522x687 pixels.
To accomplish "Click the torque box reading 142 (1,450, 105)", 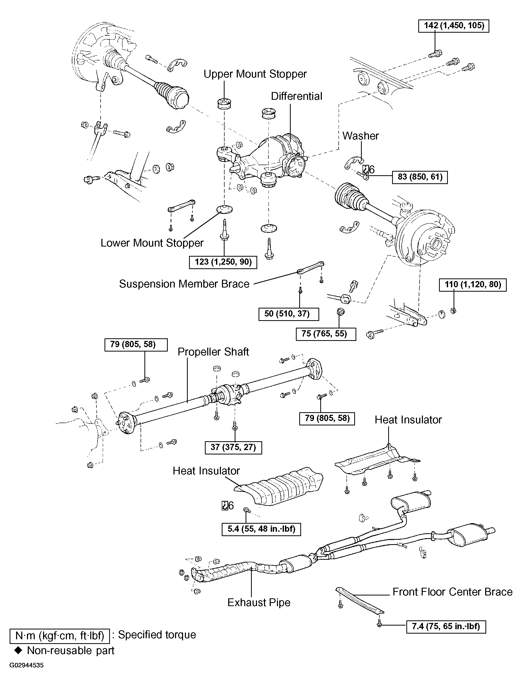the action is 454,25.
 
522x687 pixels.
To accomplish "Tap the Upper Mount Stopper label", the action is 255,74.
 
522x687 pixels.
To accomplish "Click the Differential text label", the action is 296,96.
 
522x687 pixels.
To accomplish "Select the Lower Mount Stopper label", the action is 152,243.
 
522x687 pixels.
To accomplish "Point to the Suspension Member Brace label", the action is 184,284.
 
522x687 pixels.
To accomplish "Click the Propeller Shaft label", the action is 213,352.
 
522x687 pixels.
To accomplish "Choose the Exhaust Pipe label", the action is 259,602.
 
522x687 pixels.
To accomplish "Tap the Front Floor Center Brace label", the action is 453,592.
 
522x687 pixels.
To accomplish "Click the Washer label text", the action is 360,136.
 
